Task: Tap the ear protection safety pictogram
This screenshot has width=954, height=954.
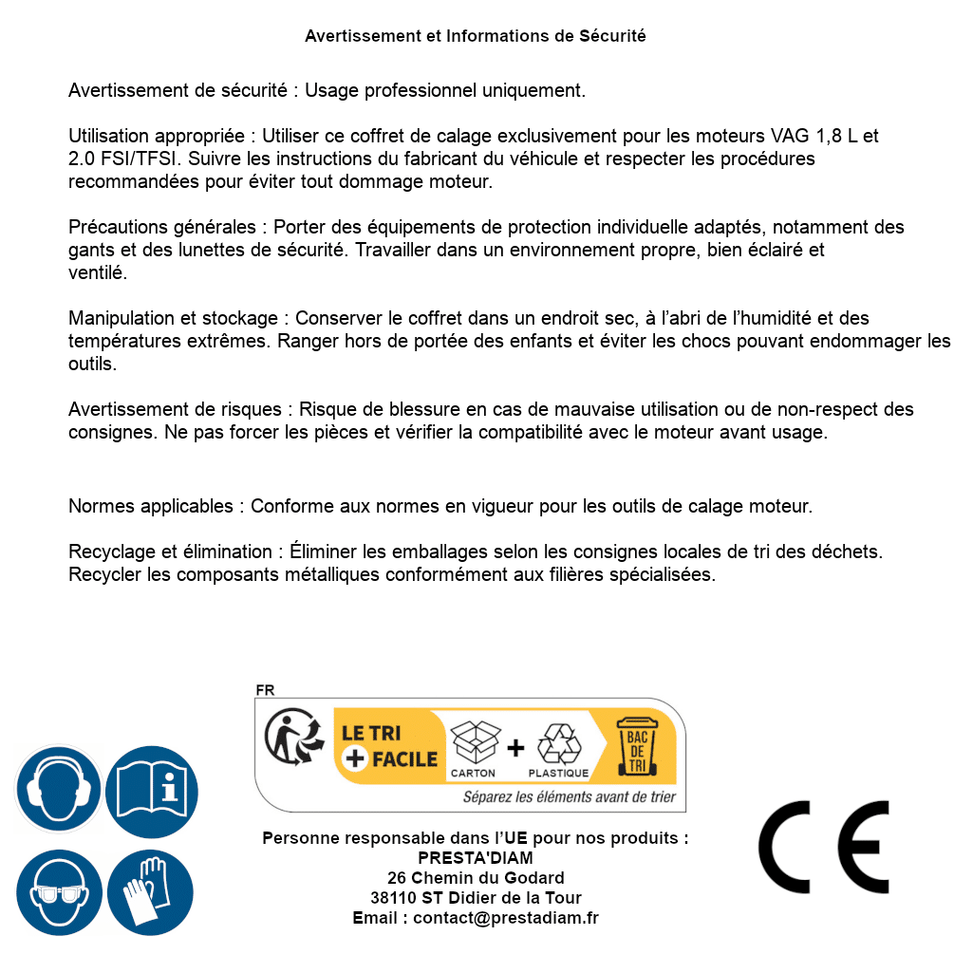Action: click(x=58, y=789)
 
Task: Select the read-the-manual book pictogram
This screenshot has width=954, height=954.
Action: click(x=152, y=789)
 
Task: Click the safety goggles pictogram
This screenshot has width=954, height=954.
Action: click(x=58, y=893)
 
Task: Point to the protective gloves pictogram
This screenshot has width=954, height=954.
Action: click(x=152, y=893)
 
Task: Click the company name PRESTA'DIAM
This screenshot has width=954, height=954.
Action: click(x=476, y=858)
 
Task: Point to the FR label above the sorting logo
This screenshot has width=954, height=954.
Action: click(x=265, y=690)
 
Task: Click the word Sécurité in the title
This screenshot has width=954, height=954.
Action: click(x=612, y=36)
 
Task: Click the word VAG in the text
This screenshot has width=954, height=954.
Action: click(x=790, y=136)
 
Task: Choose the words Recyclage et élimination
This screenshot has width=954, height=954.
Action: click(x=171, y=552)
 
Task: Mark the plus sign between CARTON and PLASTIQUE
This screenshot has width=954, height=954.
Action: click(x=515, y=748)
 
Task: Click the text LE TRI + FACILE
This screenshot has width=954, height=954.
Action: click(x=389, y=746)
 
